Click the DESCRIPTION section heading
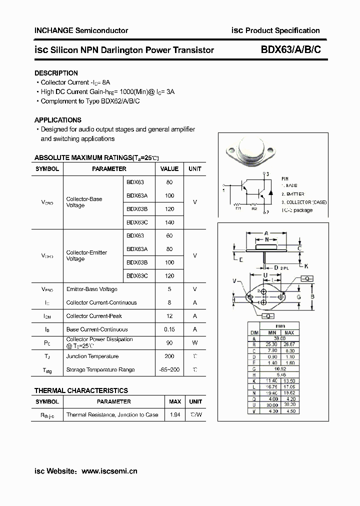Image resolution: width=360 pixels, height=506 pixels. pos(56,73)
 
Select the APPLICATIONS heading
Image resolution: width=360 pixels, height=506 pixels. pos(57,120)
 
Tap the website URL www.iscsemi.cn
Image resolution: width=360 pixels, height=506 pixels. pos(109,470)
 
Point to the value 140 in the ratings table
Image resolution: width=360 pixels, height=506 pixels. pos(169,222)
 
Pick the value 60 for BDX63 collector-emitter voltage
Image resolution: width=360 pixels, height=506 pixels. pos(169,235)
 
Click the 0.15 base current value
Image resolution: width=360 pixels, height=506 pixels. pos(169,329)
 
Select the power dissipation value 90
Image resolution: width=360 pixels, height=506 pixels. pos(169,343)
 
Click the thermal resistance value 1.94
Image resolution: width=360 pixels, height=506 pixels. pos(175,414)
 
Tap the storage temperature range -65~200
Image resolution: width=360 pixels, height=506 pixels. pos(169,370)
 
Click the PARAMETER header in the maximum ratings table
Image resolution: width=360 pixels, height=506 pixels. pos(109,169)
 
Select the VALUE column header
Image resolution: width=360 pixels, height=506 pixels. pos(169,169)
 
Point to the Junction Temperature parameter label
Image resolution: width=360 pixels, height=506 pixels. pos(92,356)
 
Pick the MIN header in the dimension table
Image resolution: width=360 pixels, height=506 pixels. pos(272,332)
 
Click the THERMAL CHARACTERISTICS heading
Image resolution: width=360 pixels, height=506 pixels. pos(81,390)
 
